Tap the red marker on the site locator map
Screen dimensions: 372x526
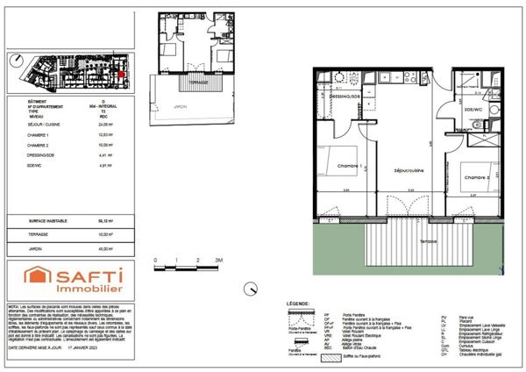(122, 75)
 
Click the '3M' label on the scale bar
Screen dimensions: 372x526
(220, 261)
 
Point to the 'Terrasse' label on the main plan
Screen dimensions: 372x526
(428, 240)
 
